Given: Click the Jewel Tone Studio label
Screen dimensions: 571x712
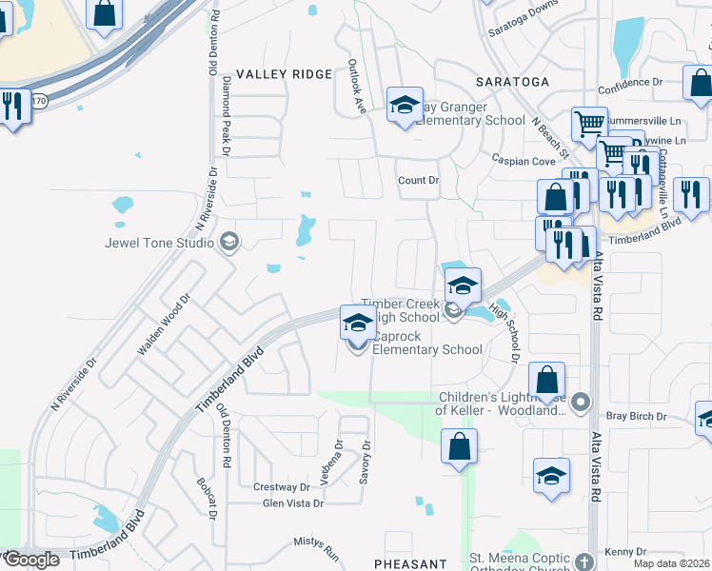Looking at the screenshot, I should coord(159,243).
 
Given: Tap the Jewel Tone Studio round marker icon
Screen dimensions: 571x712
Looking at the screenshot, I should coord(227,242).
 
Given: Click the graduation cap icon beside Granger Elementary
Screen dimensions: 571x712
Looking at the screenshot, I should coord(405,105).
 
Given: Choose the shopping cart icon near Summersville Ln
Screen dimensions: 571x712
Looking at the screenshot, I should coord(589,124).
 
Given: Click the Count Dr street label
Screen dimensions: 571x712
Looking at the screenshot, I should coord(418,180).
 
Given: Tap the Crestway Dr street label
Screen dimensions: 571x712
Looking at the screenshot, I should coord(282,487).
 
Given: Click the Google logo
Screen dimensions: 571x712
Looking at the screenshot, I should coord(31,560).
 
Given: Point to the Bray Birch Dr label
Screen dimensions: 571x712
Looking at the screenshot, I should coord(634,416).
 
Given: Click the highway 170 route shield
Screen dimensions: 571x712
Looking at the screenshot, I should coord(39,98).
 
